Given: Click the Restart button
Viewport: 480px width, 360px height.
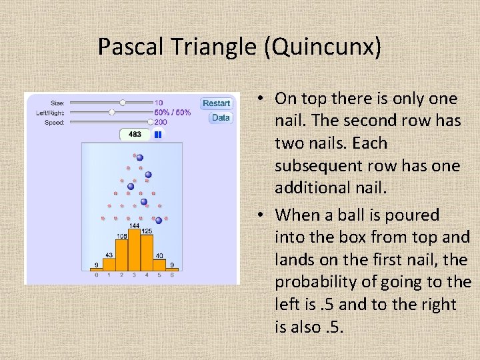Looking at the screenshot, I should pos(217,103).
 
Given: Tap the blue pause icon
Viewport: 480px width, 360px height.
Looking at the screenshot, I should pos(158,134).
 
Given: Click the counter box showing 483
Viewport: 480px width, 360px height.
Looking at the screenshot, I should pos(135,134).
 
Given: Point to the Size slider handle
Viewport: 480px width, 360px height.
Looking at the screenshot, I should pos(123,103).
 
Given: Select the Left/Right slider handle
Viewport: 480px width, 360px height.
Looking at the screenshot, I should pos(112,113).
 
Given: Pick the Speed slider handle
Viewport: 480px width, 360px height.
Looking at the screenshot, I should pos(150,123).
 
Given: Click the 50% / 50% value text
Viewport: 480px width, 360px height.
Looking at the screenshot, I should pos(173,113).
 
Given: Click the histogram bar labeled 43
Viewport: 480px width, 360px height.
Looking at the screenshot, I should pos(109,263).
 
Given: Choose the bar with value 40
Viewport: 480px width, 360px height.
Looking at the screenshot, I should pos(159,264).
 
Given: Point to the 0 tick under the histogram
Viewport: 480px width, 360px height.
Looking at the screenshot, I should pos(97,275).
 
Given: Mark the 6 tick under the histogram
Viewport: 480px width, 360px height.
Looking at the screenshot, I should pos(172,275).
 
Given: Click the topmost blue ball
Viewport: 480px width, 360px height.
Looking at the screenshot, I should pos(139,158).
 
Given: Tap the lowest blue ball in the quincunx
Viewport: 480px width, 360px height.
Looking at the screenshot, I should pos(159,220).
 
